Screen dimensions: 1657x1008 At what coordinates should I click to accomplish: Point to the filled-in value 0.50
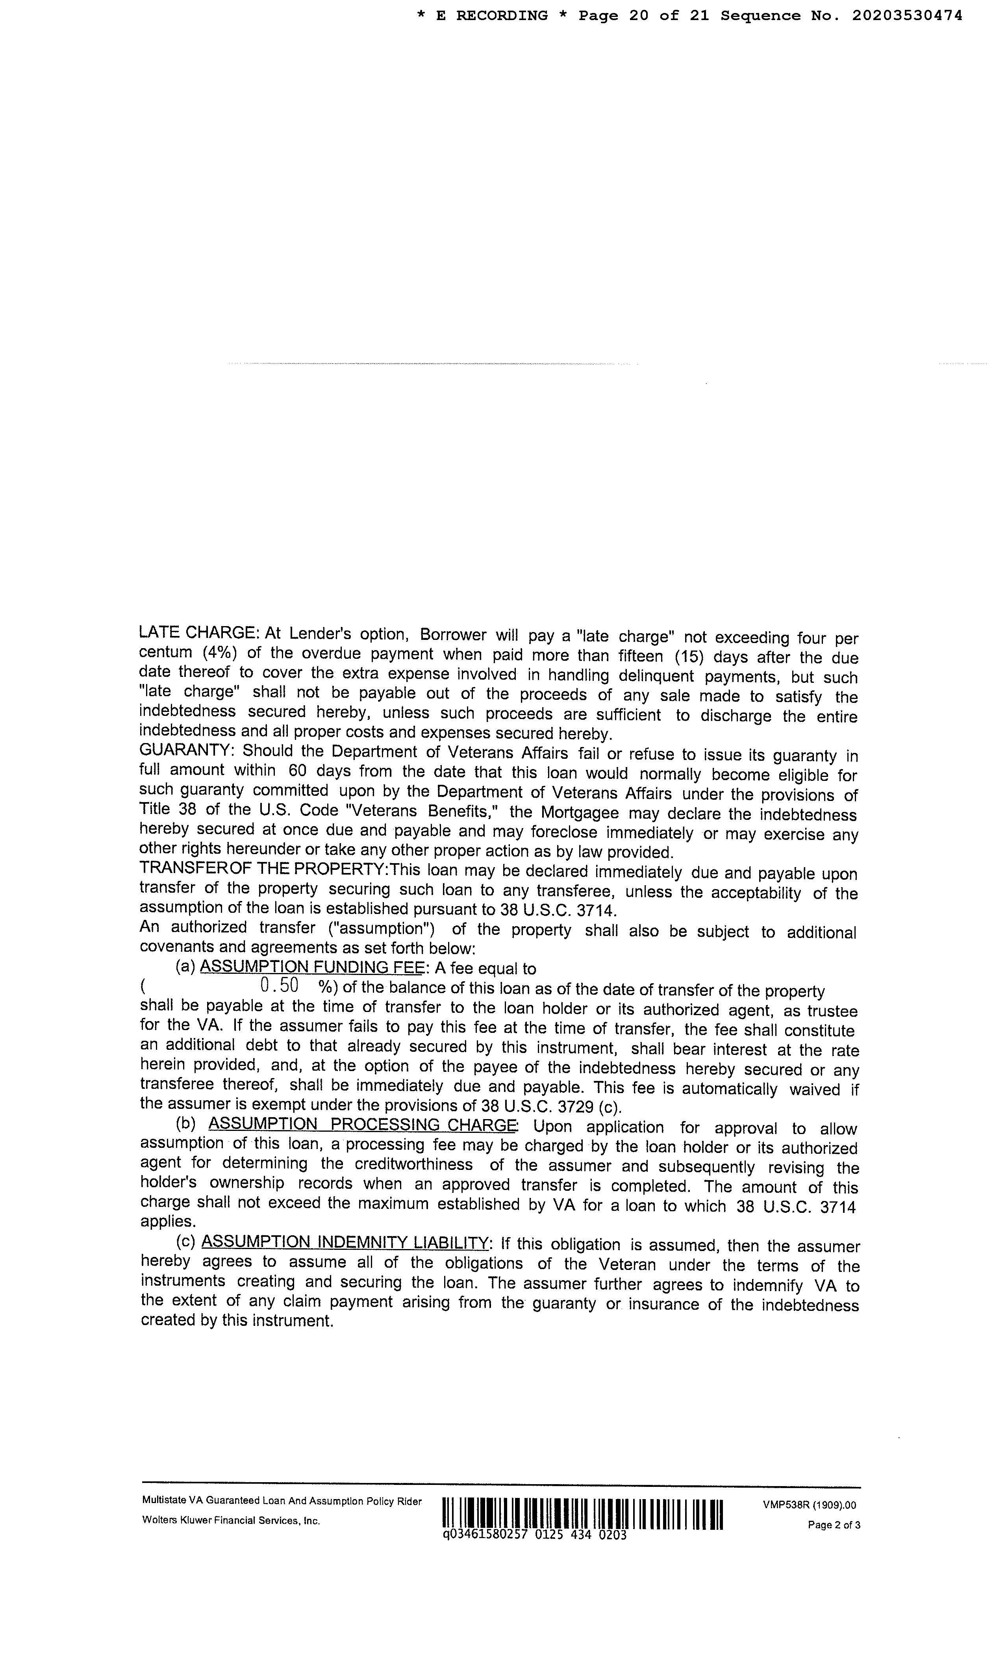(x=278, y=986)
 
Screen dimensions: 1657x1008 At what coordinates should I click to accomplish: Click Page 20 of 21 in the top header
(x=643, y=15)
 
